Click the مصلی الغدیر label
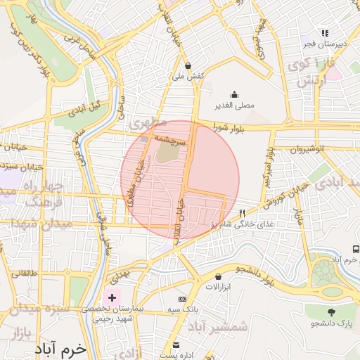coord(234,106)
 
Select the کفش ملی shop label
coord(191,75)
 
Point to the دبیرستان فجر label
coord(323,44)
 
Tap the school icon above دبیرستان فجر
coord(324,32)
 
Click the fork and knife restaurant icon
coord(243,213)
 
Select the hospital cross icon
coord(112,298)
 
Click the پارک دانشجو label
coord(332,323)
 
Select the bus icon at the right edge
coord(355,250)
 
